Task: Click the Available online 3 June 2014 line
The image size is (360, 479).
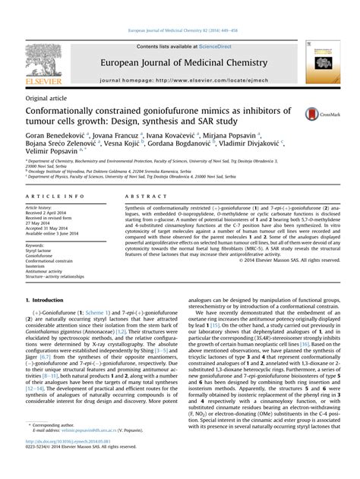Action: point(58,233)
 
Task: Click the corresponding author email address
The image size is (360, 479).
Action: point(90,449)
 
